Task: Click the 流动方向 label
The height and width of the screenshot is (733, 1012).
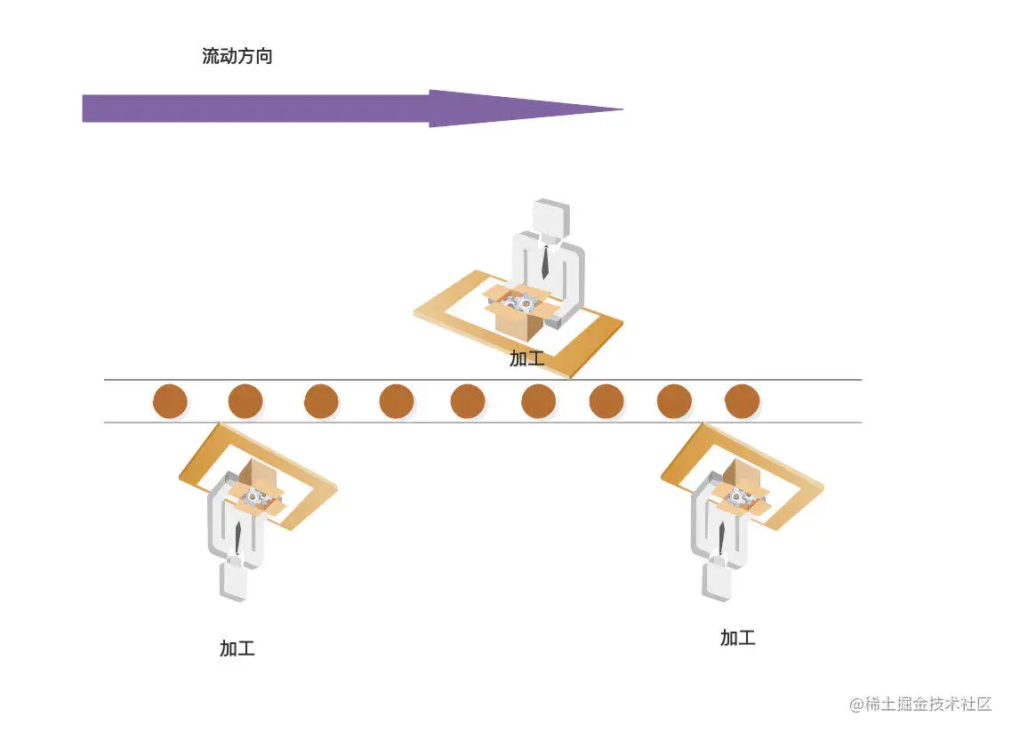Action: tap(237, 57)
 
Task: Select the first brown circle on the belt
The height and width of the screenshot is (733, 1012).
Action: tap(170, 401)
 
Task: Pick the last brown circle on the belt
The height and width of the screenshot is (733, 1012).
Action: tap(742, 401)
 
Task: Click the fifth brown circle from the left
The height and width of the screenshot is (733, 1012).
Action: tap(468, 401)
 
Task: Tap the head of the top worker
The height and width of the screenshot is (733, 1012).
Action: tap(550, 218)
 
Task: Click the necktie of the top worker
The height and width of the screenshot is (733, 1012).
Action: tap(544, 262)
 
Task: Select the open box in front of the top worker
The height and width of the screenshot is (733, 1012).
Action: tap(522, 314)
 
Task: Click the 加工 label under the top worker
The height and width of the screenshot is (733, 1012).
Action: tap(526, 358)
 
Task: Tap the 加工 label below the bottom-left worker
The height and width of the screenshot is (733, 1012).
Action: tap(237, 648)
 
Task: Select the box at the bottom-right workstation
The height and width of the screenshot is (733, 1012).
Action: tap(738, 490)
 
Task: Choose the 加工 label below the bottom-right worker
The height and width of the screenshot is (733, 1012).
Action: tap(738, 638)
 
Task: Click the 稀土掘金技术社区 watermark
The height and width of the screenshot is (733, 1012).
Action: tap(920, 704)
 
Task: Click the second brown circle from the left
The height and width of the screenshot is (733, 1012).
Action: tap(245, 401)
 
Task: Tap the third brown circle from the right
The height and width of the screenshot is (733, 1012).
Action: tap(606, 401)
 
